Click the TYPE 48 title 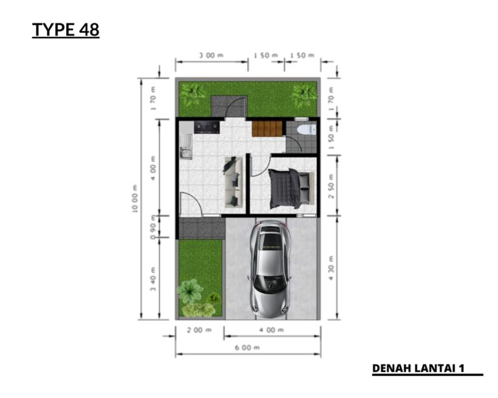tap(65, 30)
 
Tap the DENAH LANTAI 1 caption tap(418, 368)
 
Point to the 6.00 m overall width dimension tap(246, 348)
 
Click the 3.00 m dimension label tap(211, 56)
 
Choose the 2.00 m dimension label tap(199, 330)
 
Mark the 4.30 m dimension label tap(331, 270)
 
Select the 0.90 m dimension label tap(153, 228)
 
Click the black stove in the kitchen tap(207, 127)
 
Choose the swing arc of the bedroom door tap(258, 167)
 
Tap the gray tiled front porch tap(201, 228)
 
